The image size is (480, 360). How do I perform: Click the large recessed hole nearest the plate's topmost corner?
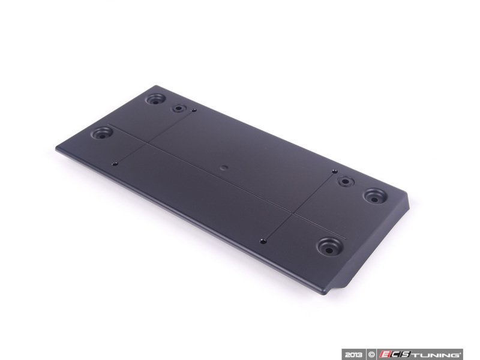[156, 98]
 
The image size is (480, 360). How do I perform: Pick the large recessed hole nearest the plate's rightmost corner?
[374, 196]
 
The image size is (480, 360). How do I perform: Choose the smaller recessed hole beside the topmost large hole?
[179, 109]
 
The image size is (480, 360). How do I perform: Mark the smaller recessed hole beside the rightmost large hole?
[344, 181]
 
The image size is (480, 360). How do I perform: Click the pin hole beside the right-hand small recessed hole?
[334, 172]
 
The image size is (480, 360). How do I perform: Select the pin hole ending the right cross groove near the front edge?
[263, 241]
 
